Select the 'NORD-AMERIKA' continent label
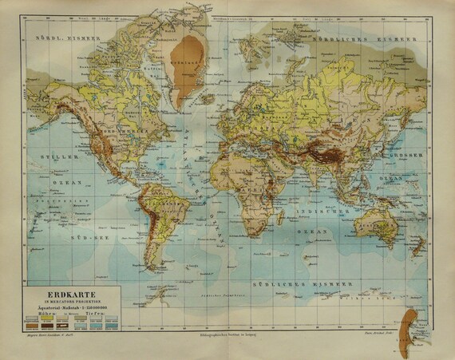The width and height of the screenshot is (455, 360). click(x=124, y=124)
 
